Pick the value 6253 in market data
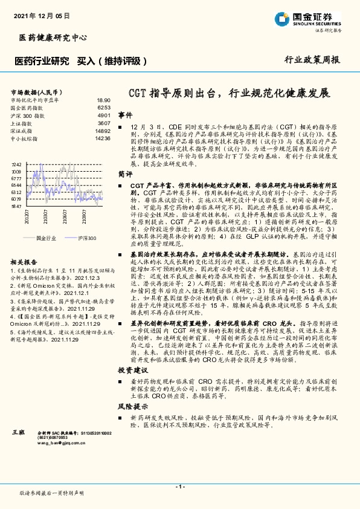104,108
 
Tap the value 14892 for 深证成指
102,131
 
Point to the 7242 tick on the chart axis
16,164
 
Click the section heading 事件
125,114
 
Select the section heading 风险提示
132,406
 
